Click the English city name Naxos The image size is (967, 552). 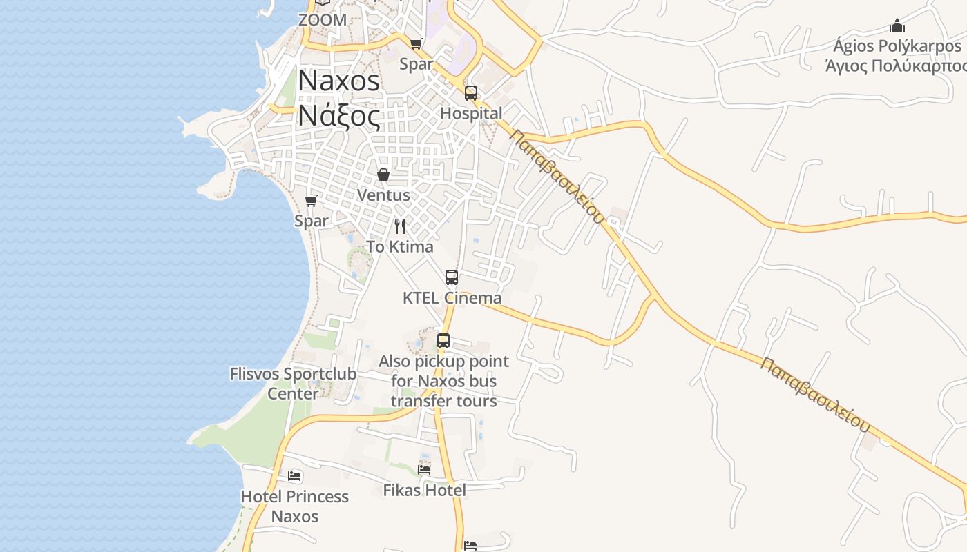click(338, 81)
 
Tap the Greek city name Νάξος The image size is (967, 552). click(338, 116)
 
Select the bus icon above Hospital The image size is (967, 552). click(471, 92)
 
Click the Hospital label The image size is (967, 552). click(471, 113)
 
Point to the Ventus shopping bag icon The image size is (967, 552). click(383, 175)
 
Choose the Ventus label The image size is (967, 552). click(383, 195)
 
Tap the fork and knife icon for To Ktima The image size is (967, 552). click(400, 226)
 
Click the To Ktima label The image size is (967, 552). click(400, 246)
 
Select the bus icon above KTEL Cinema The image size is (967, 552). click(452, 277)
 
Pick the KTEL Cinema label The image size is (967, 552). click(452, 298)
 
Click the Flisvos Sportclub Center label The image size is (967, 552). click(293, 384)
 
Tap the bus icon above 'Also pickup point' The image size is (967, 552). click(443, 341)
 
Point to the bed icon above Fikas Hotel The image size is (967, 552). click(424, 469)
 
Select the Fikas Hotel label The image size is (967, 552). click(424, 490)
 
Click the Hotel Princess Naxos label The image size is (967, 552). click(294, 506)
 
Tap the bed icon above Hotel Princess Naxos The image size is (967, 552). click(294, 476)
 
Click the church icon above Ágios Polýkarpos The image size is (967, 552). click(897, 26)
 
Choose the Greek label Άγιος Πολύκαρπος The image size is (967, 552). click(897, 66)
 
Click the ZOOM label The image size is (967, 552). click(323, 20)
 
